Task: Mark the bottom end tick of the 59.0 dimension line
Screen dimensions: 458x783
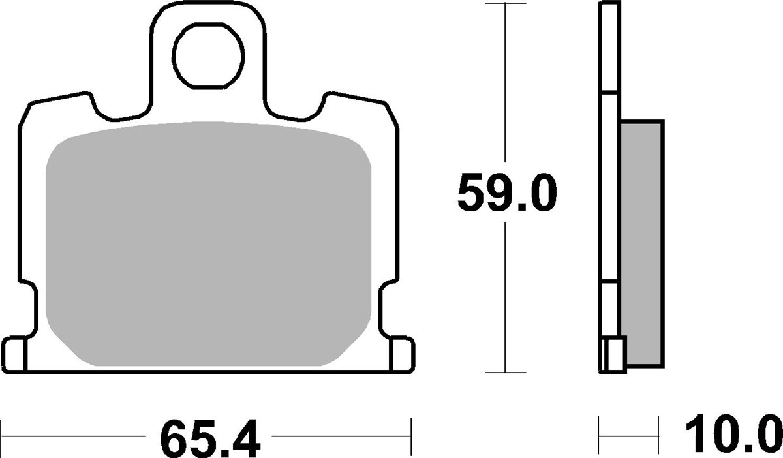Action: coord(506,373)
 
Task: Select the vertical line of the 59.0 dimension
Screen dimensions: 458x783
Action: coord(506,294)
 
